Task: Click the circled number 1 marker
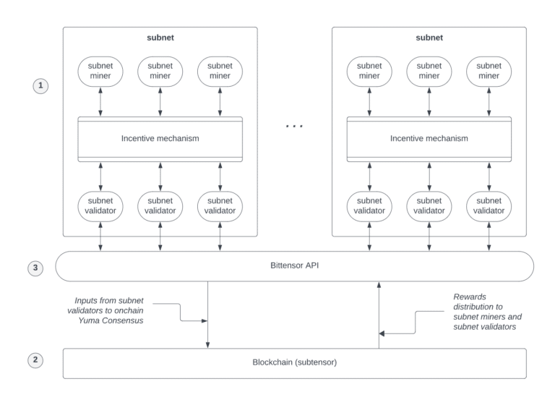(x=41, y=85)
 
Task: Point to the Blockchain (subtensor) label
(x=295, y=362)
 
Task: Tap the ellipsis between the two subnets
(x=294, y=126)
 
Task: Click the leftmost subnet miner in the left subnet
(x=100, y=71)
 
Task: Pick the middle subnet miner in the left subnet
(x=160, y=71)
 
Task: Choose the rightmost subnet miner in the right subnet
(x=489, y=71)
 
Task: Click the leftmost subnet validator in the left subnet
(x=100, y=205)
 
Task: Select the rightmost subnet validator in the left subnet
(x=220, y=205)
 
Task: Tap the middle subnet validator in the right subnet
(x=429, y=205)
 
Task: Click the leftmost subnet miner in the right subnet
(x=369, y=71)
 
